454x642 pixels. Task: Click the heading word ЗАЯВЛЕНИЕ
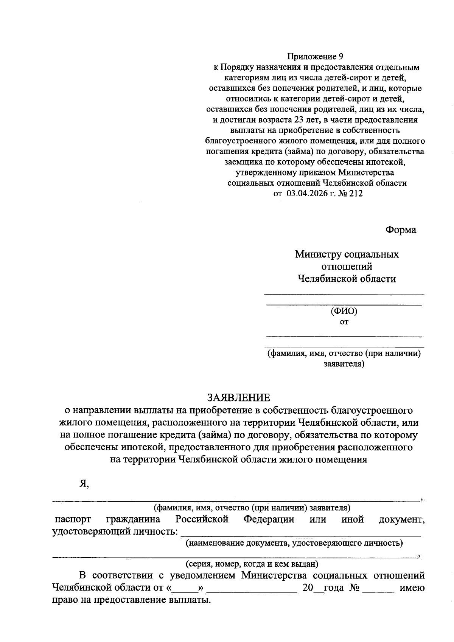pyautogui.click(x=238, y=397)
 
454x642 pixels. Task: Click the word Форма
pyautogui.click(x=401, y=230)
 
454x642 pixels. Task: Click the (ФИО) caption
pyautogui.click(x=344, y=311)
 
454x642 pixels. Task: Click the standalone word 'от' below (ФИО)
pyautogui.click(x=344, y=323)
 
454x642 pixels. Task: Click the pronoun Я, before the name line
pyautogui.click(x=84, y=484)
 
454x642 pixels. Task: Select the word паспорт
pyautogui.click(x=73, y=519)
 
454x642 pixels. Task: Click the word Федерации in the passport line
pyautogui.click(x=269, y=519)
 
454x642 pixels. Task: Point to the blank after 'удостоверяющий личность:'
pyautogui.click(x=301, y=533)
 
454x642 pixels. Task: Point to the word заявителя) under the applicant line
pyautogui.click(x=344, y=364)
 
